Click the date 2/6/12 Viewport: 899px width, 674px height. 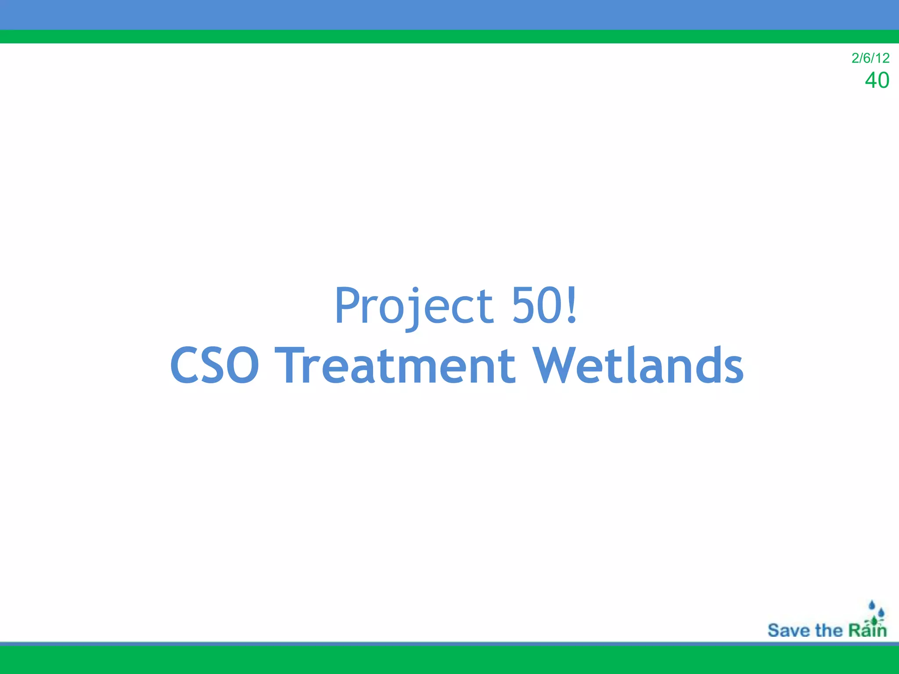pyautogui.click(x=870, y=58)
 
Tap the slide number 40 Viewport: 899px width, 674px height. pyautogui.click(x=877, y=80)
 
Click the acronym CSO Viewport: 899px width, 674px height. pyautogui.click(x=215, y=366)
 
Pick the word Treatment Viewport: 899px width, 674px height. pyautogui.click(x=395, y=366)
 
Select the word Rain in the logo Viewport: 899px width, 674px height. pyautogui.click(x=867, y=631)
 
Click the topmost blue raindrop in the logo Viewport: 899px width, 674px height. pyautogui.click(x=872, y=606)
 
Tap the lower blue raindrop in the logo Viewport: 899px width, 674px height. pyautogui.click(x=881, y=613)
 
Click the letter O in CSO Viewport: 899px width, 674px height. pyautogui.click(x=239, y=366)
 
